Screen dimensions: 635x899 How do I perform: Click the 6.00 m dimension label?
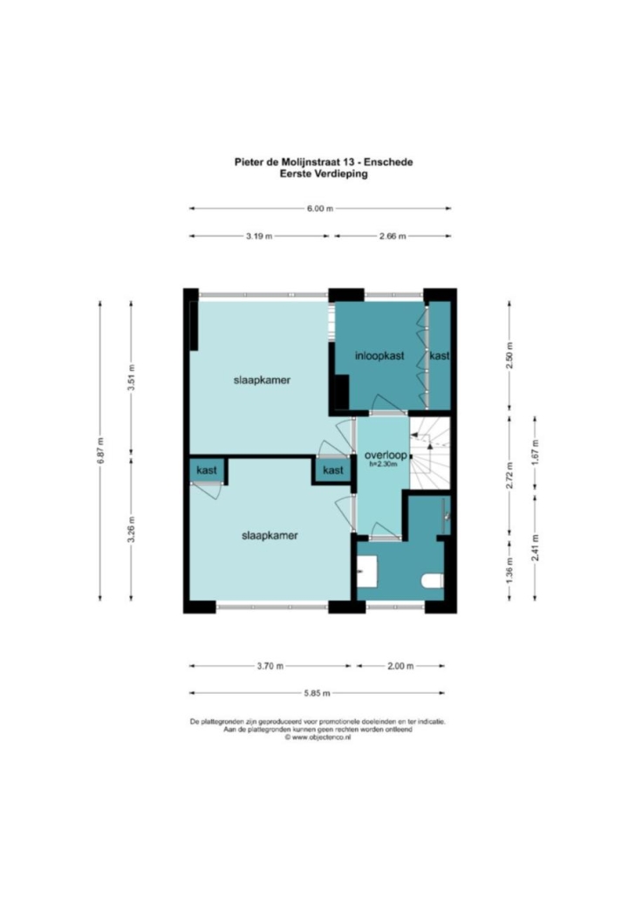(320, 209)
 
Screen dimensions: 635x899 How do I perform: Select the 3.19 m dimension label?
(259, 237)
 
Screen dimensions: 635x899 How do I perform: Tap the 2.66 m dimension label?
(393, 237)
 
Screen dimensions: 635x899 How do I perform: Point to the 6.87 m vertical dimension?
(100, 450)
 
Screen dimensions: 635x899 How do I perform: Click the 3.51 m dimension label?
(131, 377)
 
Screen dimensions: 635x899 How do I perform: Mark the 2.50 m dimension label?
(509, 355)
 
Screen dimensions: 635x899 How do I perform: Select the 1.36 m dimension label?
(509, 571)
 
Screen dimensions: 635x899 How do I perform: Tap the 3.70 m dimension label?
(270, 666)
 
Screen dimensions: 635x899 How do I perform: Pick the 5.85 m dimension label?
(317, 693)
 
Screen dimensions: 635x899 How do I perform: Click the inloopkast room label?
(379, 356)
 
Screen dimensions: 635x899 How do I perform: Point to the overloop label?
(386, 456)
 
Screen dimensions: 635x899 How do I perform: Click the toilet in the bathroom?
(433, 580)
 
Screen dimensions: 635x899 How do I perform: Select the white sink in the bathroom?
(367, 571)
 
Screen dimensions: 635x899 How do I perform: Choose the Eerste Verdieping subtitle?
(324, 174)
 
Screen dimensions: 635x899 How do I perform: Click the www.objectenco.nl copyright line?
(317, 738)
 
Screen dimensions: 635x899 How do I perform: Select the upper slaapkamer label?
(262, 381)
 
